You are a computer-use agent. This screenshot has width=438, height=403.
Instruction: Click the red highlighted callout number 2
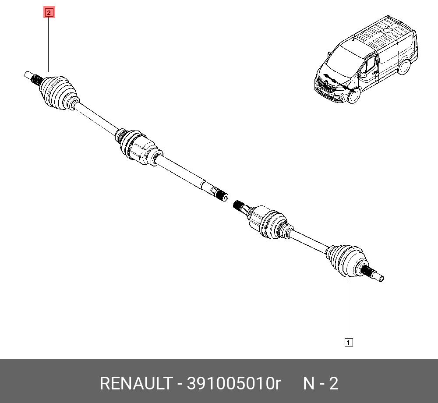pyautogui.click(x=49, y=13)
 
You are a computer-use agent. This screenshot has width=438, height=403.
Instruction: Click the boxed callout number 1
pyautogui.click(x=349, y=342)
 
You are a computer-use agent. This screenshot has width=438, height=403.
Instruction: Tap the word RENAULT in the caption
pyautogui.click(x=136, y=383)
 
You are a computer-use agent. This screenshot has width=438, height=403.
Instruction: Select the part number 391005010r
pyautogui.click(x=233, y=383)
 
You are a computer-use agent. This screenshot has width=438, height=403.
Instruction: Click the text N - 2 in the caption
pyautogui.click(x=321, y=383)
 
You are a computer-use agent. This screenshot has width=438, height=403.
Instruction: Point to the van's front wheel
pyautogui.click(x=353, y=95)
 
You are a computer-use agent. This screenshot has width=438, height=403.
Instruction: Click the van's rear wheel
pyautogui.click(x=404, y=67)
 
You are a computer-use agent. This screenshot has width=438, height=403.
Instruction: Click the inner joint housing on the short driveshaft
pyautogui.click(x=267, y=222)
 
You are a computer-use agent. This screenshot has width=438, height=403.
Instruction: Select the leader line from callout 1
pyautogui.click(x=348, y=310)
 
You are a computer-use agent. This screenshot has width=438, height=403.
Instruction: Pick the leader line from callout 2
pyautogui.click(x=48, y=45)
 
